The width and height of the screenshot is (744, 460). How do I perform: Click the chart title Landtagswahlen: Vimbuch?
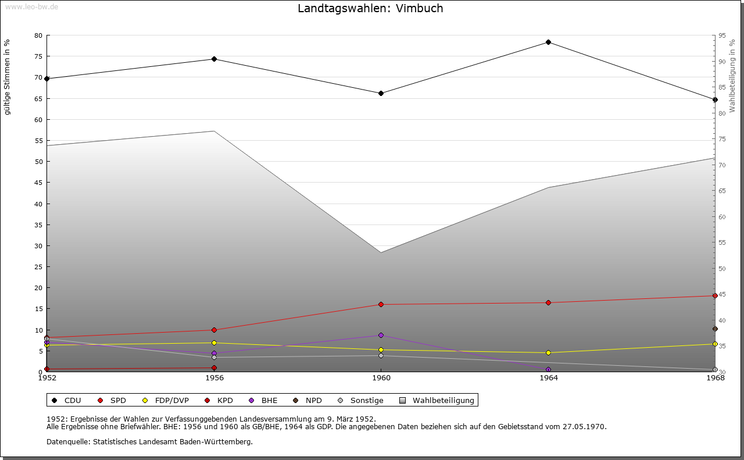click(370, 8)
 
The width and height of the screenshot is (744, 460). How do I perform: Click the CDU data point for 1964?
click(548, 42)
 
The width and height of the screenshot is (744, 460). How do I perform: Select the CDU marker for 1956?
click(214, 59)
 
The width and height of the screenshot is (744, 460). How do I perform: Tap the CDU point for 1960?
click(381, 93)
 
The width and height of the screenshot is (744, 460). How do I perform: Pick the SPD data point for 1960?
click(381, 304)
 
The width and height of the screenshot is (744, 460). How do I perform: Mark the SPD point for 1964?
click(548, 302)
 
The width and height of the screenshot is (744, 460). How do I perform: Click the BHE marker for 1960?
click(381, 335)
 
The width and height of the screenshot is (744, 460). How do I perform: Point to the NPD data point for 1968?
click(715, 329)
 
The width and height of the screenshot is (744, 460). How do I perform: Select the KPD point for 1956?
click(214, 368)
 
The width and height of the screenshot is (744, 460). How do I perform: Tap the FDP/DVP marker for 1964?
click(548, 352)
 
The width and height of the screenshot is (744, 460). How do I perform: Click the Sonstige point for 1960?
click(381, 355)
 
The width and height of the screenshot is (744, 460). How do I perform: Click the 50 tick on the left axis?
click(38, 162)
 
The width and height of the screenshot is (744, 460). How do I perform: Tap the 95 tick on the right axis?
click(722, 35)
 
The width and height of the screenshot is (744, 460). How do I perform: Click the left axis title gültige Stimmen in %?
click(7, 77)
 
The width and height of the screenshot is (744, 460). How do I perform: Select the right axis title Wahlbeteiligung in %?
click(732, 76)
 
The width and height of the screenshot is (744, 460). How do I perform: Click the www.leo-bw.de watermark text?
click(31, 7)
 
